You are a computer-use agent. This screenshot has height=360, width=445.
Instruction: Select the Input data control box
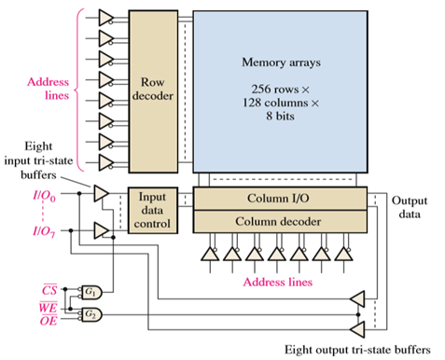150,212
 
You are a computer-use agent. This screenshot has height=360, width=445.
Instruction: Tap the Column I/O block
279,199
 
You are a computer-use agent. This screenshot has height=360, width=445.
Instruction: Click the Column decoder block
279,221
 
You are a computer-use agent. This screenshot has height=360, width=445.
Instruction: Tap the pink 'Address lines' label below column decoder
279,279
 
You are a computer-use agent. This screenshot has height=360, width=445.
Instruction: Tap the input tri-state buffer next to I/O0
100,192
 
